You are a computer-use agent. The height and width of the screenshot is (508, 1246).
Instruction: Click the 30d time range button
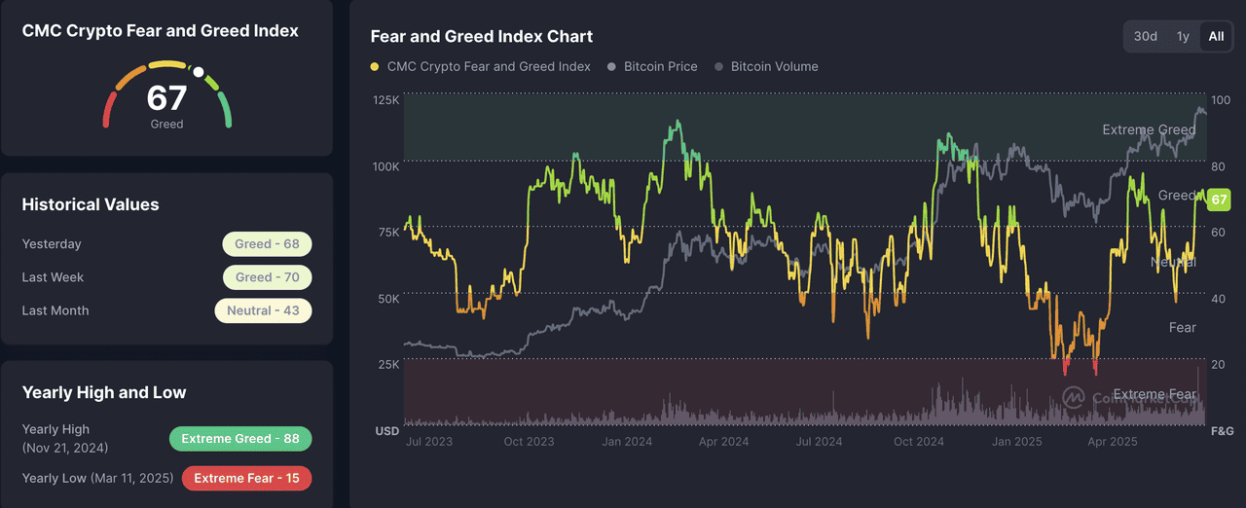point(1145,36)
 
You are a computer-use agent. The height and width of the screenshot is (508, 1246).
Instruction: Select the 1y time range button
point(1183,36)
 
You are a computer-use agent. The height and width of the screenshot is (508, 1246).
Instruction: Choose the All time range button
point(1216,36)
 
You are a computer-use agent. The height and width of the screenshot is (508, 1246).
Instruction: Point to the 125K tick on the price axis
point(386,100)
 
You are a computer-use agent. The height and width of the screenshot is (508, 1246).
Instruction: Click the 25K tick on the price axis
point(386,364)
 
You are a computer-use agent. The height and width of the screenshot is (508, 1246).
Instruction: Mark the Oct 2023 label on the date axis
point(528,442)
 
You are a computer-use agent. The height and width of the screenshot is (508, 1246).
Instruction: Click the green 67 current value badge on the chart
point(1218,200)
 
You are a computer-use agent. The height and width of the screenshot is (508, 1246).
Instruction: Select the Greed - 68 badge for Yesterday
point(267,244)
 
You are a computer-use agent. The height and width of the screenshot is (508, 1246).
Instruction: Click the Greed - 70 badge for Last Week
point(267,277)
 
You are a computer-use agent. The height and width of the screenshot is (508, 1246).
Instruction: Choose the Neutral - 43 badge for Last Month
point(263,310)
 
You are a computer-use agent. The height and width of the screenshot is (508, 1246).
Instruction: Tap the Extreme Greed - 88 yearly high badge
point(239,439)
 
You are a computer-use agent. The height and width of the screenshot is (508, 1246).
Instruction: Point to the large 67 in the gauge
point(166,98)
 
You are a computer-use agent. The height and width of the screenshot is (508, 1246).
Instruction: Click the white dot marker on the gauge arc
point(199,72)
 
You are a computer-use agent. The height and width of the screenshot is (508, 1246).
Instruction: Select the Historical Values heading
point(91,204)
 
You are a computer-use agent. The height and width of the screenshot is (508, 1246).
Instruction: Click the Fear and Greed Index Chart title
point(482,36)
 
